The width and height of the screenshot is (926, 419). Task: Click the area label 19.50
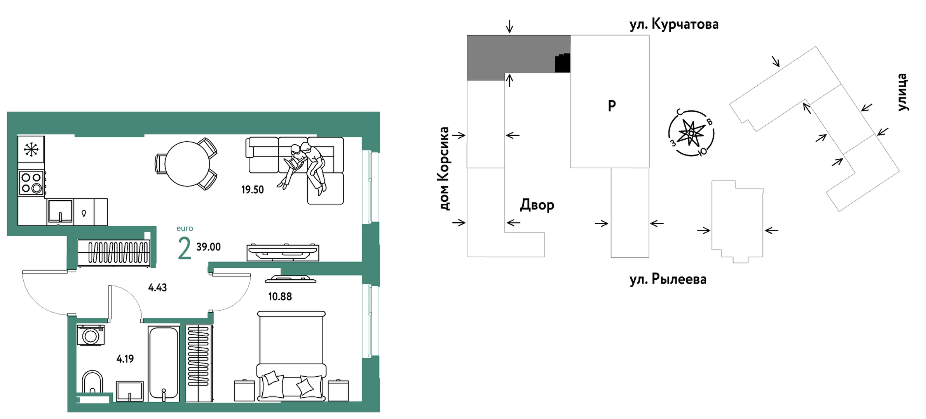[252, 190]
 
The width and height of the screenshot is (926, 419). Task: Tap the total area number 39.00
[208, 247]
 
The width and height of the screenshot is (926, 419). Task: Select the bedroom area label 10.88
[280, 296]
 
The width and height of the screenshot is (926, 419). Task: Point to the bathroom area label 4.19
[125, 359]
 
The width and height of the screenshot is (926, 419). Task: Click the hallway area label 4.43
[157, 287]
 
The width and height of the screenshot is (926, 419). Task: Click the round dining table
[187, 164]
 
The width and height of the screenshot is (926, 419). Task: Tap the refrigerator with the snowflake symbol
[31, 149]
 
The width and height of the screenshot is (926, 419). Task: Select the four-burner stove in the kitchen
[31, 183]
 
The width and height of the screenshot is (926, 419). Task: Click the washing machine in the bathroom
[91, 335]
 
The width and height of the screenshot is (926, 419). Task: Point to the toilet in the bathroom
[92, 383]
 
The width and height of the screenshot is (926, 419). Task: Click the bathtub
[164, 364]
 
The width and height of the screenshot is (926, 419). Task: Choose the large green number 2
[184, 248]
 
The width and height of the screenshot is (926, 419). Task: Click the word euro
[185, 229]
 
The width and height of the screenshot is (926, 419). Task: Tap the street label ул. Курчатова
[674, 24]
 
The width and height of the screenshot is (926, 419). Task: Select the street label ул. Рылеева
[668, 279]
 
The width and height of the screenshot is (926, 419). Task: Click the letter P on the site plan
[612, 106]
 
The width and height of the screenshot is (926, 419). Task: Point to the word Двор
[537, 204]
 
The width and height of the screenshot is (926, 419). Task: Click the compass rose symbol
[691, 133]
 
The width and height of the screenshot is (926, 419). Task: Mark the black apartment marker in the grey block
[562, 63]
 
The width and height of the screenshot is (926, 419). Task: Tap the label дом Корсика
[443, 168]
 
